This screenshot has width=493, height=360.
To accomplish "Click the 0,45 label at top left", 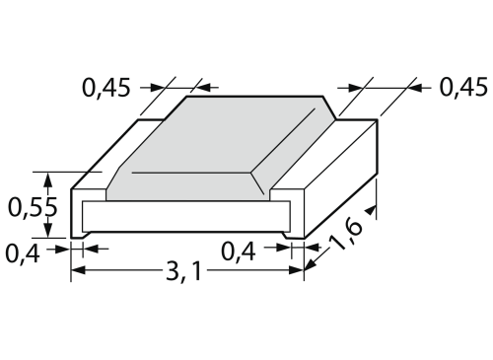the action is [106, 88].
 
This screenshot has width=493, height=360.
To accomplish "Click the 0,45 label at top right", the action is [463, 88].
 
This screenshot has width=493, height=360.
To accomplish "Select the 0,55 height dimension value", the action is [33, 207].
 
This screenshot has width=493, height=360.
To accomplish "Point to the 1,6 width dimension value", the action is [345, 235].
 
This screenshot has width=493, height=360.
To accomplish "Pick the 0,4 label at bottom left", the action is [23, 253].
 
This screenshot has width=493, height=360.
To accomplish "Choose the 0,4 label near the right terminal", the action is [239, 252].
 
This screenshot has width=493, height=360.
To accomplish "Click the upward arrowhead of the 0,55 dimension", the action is [48, 180].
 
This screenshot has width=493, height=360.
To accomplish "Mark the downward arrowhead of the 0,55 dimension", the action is [48, 230].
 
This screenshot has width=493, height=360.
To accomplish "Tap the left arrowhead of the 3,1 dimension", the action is [79, 270].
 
